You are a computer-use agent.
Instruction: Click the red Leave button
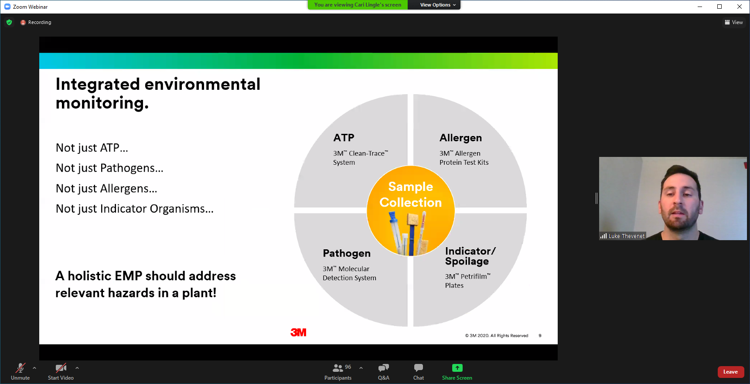[x=730, y=372]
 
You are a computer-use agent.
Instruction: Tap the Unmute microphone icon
[x=20, y=368]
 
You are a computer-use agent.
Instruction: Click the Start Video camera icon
[x=61, y=368]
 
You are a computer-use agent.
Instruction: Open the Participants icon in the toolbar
[x=338, y=368]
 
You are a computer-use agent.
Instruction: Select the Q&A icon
[x=384, y=368]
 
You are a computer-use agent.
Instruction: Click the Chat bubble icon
[x=419, y=368]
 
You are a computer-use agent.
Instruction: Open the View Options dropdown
[x=438, y=5]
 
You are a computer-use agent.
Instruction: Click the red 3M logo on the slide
[x=299, y=333]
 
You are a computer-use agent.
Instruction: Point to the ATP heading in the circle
[x=344, y=138]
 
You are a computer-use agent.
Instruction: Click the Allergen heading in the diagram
[x=461, y=138]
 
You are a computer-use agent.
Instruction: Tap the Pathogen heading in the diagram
[x=347, y=253]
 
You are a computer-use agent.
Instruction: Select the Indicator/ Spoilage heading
[x=470, y=256]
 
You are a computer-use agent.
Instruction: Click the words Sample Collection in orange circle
[x=411, y=194]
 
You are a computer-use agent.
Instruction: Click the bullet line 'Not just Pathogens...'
[x=109, y=168]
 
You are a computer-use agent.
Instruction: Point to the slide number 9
[x=540, y=336]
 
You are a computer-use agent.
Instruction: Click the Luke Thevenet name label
[x=627, y=236]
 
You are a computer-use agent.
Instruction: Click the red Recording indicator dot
[x=23, y=22]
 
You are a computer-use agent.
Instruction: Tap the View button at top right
[x=734, y=22]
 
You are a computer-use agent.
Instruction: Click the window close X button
[x=740, y=7]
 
